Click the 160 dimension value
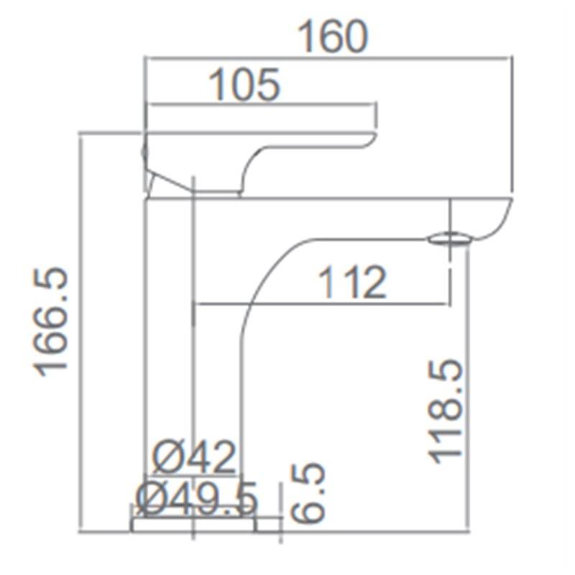[x=332, y=37]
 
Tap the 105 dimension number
[x=244, y=85]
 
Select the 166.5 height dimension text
[x=51, y=322]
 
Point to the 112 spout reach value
[x=352, y=282]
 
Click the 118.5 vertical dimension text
[x=446, y=411]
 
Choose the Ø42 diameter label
[x=194, y=457]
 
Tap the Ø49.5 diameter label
[x=197, y=499]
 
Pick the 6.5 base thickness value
[x=308, y=492]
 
